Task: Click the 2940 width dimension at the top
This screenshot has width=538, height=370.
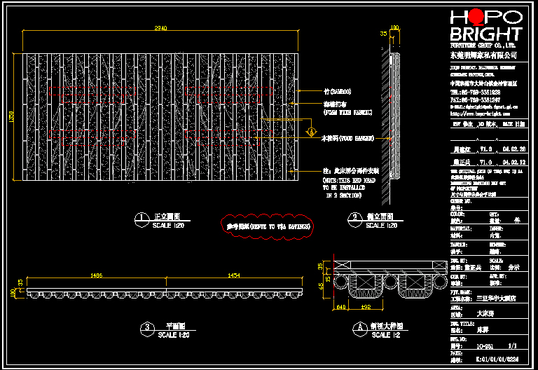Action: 160,28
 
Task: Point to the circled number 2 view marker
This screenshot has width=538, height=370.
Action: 356,218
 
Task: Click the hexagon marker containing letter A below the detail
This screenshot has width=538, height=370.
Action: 359,327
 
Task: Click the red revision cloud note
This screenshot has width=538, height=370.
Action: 268,226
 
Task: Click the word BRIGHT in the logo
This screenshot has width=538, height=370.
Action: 485,34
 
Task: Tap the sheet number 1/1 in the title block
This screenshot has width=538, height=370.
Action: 511,345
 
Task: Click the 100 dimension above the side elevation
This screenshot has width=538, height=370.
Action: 394,28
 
